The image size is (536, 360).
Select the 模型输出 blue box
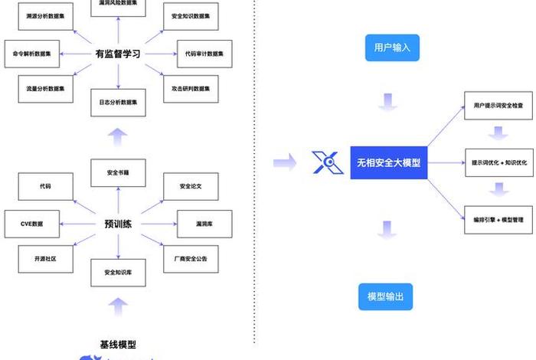point(385,296)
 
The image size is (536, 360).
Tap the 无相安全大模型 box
point(388,162)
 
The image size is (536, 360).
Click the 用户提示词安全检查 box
point(498,105)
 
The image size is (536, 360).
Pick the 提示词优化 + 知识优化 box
point(498,162)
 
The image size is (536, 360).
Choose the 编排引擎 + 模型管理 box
point(498,220)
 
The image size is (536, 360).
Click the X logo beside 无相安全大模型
point(326,162)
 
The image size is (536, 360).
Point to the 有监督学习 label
point(117,54)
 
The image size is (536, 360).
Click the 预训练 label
point(117,224)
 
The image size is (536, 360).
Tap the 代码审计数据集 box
point(204,54)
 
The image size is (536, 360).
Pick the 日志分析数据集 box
point(117,103)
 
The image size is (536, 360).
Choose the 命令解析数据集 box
point(32,54)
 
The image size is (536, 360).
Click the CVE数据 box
point(32,224)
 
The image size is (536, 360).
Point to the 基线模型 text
point(118,345)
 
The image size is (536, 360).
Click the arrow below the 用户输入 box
point(387,102)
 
